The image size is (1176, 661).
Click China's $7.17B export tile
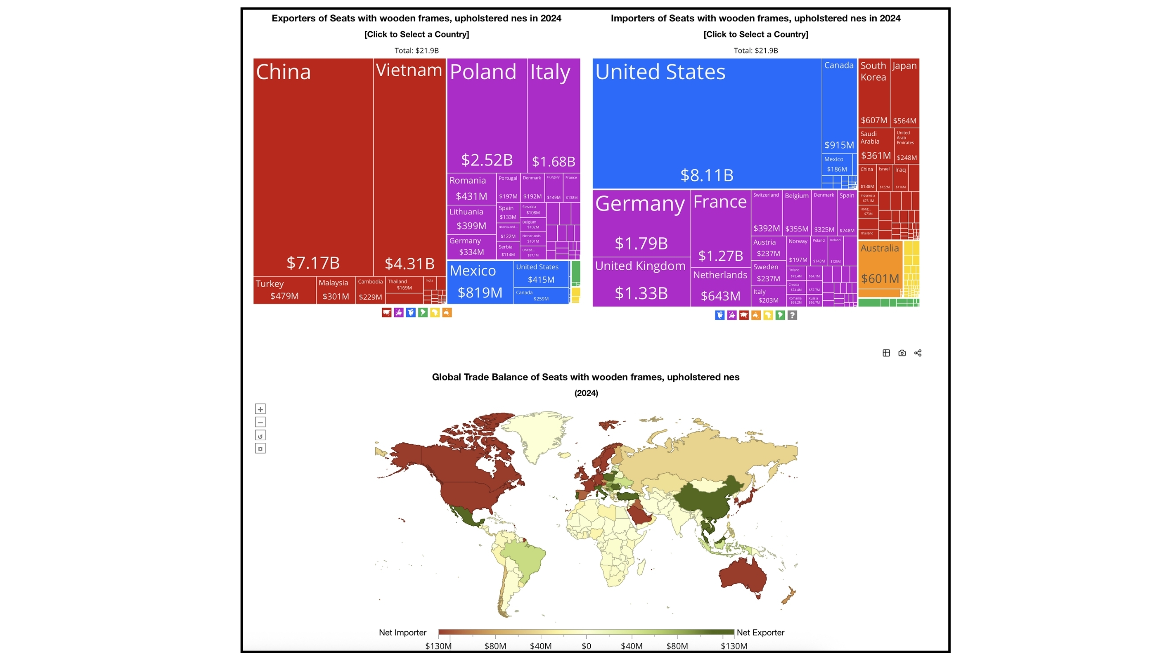click(313, 167)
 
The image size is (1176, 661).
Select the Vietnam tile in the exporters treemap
click(409, 167)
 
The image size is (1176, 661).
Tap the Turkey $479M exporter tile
click(284, 290)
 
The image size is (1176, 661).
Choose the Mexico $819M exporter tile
click(480, 282)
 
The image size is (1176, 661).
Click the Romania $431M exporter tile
click(471, 188)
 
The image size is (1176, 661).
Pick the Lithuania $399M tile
click(471, 219)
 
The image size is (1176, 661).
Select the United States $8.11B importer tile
click(706, 123)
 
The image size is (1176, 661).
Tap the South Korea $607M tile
click(874, 93)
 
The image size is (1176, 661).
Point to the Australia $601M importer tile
click(880, 264)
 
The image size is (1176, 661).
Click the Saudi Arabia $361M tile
click(876, 146)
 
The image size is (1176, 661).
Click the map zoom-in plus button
click(260, 409)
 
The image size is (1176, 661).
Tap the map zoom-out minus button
click(260, 422)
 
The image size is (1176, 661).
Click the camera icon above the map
click(902, 353)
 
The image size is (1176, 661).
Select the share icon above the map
click(918, 353)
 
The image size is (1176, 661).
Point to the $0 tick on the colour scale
click(586, 646)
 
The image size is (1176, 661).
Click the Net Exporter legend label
click(760, 633)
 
